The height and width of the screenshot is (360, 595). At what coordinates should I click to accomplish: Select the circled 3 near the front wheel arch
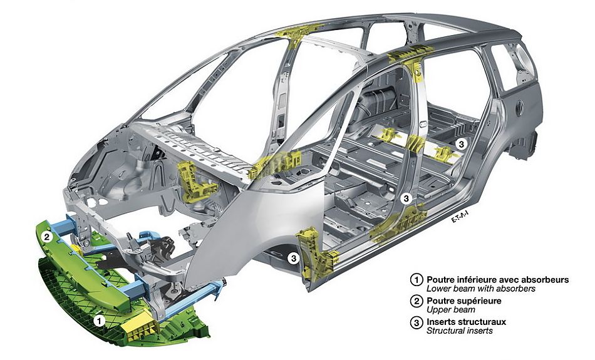click(x=292, y=257)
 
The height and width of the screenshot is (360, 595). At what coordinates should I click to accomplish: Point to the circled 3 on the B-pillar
click(x=406, y=198)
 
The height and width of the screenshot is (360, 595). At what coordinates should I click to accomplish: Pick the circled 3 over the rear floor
click(x=461, y=143)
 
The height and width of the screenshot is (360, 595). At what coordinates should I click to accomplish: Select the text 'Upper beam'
click(x=451, y=310)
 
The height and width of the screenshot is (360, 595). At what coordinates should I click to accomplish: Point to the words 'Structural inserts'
click(x=459, y=331)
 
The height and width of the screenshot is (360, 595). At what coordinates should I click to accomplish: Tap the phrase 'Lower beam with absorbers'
click(x=480, y=289)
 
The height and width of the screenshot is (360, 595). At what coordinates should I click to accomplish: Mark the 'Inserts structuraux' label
click(x=466, y=322)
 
